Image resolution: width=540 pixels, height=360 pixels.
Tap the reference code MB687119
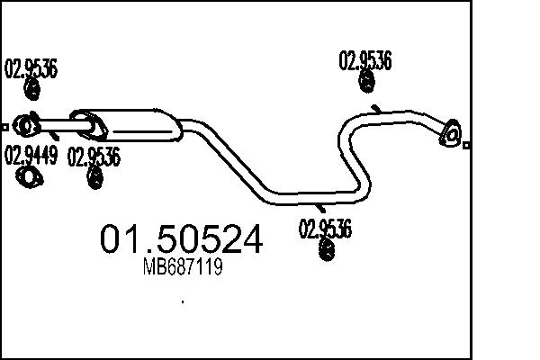[183, 267]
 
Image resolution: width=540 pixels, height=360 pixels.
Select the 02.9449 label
[31, 155]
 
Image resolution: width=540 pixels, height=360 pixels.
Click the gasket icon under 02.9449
[31, 177]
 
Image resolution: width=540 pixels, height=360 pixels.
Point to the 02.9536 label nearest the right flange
[364, 61]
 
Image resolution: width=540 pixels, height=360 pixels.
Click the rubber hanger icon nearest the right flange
[366, 82]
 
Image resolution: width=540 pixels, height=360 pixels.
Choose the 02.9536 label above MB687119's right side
[323, 229]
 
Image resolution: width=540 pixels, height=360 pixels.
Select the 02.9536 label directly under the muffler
[94, 157]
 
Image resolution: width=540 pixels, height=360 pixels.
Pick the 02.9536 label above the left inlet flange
[31, 69]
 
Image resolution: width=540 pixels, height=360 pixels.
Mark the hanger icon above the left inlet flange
[31, 89]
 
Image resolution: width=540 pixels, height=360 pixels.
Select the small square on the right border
[466, 144]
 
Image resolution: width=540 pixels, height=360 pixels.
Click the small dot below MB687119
[183, 301]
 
